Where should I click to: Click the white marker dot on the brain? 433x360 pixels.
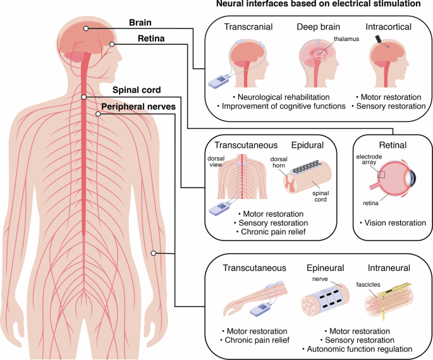(85, 28)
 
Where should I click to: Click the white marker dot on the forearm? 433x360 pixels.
(153, 254)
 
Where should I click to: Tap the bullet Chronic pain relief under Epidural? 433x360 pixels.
(273, 232)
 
